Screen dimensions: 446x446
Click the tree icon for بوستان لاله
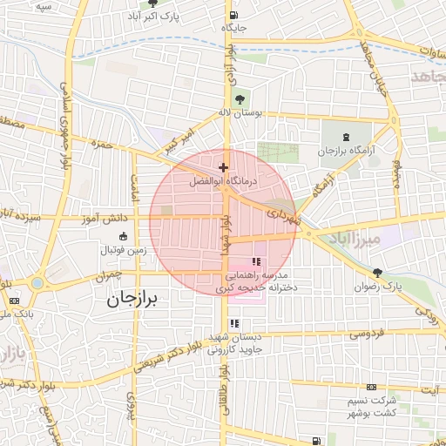coord(241,98)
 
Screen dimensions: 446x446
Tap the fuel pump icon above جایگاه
coord(233,15)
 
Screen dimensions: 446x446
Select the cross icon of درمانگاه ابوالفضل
coord(224,167)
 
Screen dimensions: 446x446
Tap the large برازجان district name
coord(134,300)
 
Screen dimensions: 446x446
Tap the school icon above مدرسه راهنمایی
coord(256,261)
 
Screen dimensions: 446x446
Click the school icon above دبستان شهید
coord(234,323)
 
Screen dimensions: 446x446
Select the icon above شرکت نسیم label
coord(372,387)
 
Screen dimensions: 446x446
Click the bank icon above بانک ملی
coord(13,301)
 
